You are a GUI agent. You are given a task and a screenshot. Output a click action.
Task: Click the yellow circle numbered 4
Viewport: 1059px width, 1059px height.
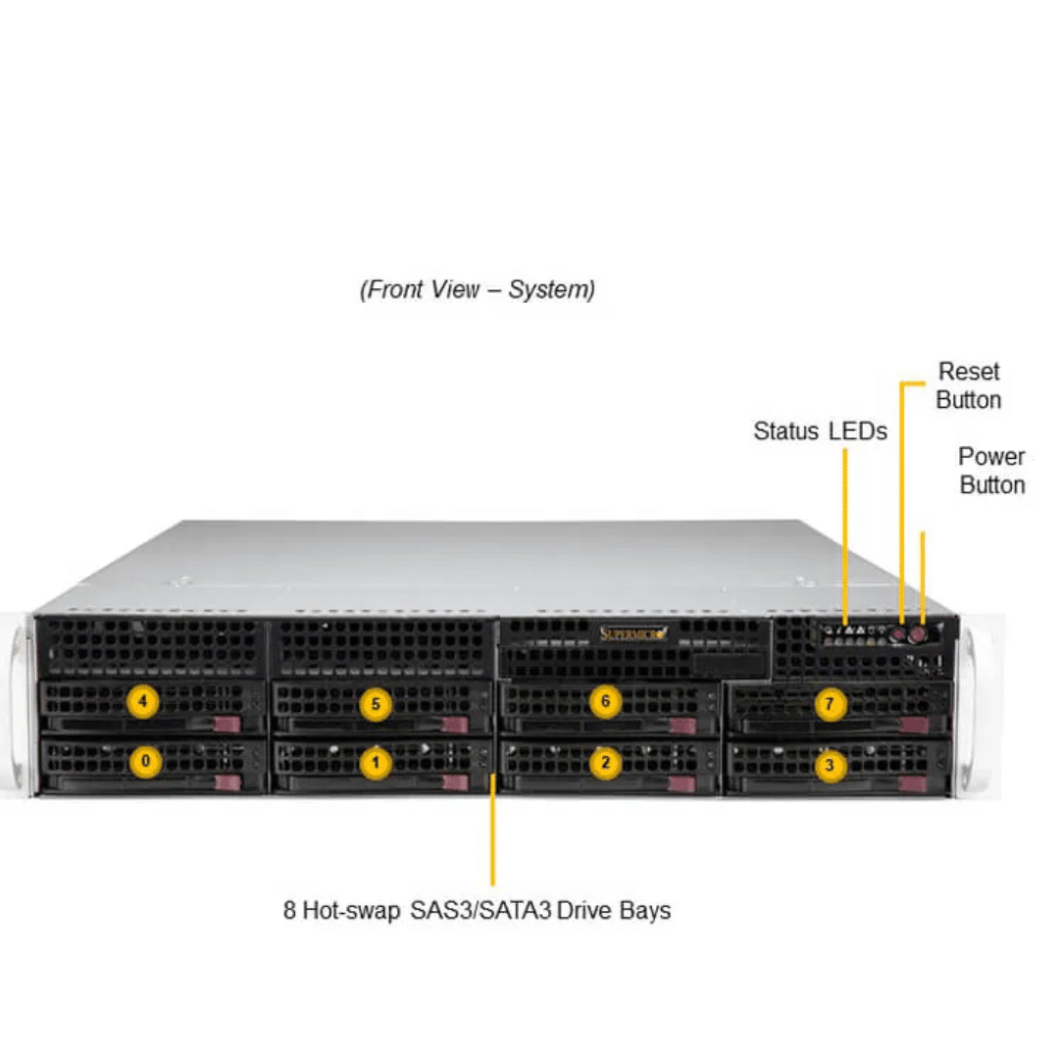click(142, 702)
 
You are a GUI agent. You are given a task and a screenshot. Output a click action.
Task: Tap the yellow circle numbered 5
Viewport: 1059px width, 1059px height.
click(376, 704)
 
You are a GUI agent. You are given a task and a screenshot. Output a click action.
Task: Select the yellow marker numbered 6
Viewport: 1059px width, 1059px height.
click(605, 702)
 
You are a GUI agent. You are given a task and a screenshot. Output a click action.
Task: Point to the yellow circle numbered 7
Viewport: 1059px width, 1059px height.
click(830, 704)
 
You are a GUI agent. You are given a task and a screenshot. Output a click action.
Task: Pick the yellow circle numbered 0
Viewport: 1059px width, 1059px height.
click(145, 761)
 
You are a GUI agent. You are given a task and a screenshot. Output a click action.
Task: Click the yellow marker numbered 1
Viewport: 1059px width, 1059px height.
click(376, 763)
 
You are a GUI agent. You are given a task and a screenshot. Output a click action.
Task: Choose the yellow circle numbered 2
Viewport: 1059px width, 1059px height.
click(605, 763)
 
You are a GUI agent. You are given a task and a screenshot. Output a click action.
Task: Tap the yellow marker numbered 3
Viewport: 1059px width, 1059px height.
click(831, 765)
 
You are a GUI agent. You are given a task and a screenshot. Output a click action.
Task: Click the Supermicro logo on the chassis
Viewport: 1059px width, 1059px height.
click(633, 633)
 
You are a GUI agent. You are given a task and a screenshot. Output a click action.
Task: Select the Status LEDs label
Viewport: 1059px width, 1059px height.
click(820, 430)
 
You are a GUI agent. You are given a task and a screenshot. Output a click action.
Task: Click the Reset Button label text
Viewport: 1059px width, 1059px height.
click(969, 385)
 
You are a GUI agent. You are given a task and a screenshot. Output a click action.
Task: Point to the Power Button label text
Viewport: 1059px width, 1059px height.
click(991, 471)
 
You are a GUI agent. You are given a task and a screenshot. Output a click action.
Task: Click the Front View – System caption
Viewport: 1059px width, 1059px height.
click(478, 289)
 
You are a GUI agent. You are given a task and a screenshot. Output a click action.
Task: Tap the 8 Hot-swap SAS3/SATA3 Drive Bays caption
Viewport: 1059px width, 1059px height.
click(477, 910)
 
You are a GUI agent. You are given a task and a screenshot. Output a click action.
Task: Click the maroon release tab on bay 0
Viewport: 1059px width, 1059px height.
click(227, 782)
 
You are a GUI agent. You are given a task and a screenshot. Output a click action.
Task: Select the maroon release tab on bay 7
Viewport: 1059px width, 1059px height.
click(914, 726)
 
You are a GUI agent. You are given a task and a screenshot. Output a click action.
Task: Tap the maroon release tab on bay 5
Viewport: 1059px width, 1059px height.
click(455, 726)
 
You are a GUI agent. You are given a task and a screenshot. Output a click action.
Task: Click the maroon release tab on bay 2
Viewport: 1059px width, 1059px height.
click(681, 784)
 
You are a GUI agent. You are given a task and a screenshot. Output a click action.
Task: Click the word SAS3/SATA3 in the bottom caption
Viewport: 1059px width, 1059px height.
click(480, 910)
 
